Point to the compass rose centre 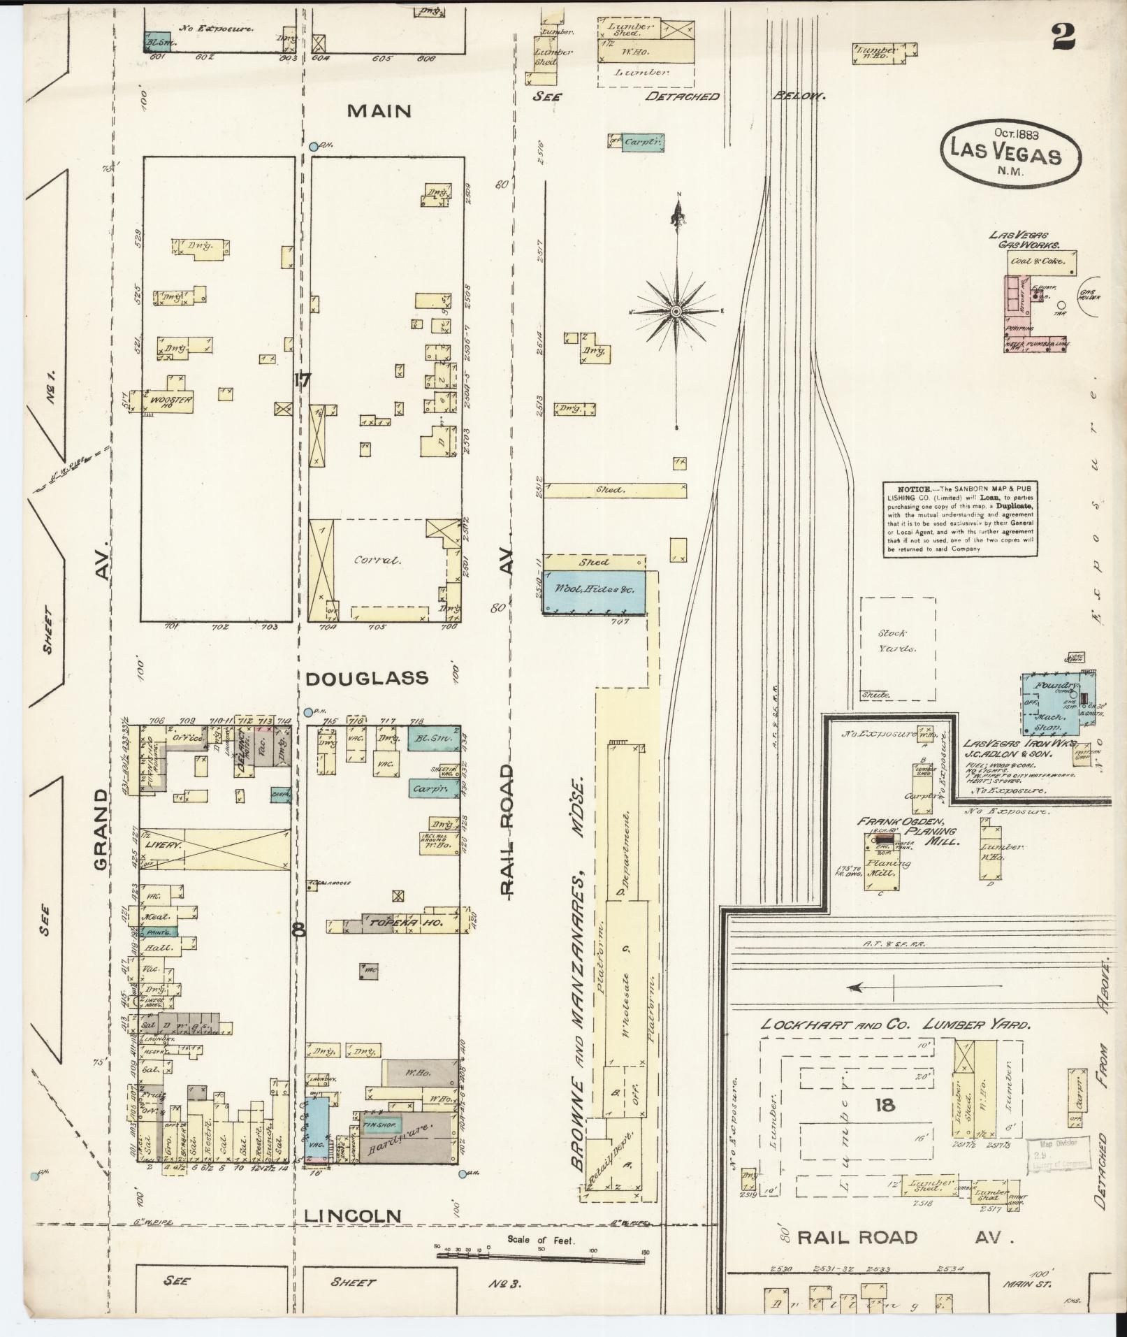coord(676,311)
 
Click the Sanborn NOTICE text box coord(959,518)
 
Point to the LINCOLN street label coord(353,1217)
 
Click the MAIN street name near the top coord(380,111)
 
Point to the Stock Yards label coord(894,640)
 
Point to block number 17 coord(302,381)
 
